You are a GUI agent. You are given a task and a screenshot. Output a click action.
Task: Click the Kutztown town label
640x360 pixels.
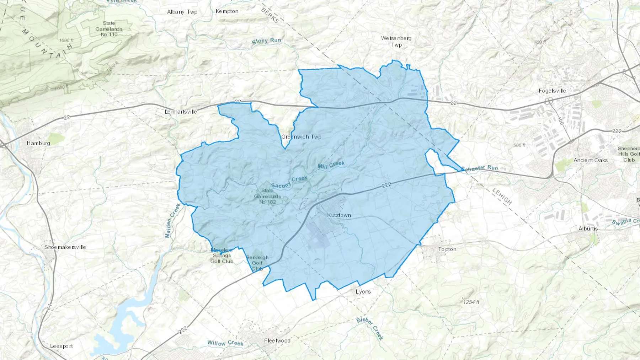pyautogui.click(x=339, y=215)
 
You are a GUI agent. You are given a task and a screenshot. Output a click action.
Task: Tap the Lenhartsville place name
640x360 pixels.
pyautogui.click(x=181, y=112)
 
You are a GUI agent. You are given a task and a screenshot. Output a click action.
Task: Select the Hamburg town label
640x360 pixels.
pyautogui.click(x=38, y=143)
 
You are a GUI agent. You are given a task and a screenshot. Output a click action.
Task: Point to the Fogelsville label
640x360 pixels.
pyautogui.click(x=552, y=91)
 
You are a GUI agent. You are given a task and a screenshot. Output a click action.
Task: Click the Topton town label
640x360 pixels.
pyautogui.click(x=447, y=249)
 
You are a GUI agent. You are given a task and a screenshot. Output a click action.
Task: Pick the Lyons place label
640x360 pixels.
pyautogui.click(x=363, y=291)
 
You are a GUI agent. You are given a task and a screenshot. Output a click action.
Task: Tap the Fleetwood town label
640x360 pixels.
pyautogui.click(x=277, y=340)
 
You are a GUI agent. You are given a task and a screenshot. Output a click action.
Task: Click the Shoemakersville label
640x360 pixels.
pyautogui.click(x=65, y=247)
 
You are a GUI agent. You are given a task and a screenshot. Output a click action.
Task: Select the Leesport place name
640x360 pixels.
pyautogui.click(x=62, y=346)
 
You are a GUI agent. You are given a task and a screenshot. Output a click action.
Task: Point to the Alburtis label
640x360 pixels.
pyautogui.click(x=588, y=229)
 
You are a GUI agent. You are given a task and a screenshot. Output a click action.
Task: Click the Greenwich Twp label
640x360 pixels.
pyautogui.click(x=301, y=137)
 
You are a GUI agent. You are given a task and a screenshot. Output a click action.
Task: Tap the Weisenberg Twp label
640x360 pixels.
pyautogui.click(x=396, y=41)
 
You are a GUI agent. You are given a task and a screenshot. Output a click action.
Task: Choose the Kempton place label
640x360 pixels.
pyautogui.click(x=227, y=11)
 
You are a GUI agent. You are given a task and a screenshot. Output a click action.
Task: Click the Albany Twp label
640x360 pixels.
pyautogui.click(x=182, y=12)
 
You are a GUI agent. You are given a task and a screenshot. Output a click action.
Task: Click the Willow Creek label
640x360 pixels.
pyautogui.click(x=225, y=343)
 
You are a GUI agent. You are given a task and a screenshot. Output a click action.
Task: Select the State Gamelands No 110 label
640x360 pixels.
pyautogui.click(x=109, y=29)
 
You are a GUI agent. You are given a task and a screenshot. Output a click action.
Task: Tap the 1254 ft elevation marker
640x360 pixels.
pyautogui.click(x=471, y=302)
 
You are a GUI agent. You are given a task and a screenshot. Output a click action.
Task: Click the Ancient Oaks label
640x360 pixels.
pyautogui.click(x=590, y=160)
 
